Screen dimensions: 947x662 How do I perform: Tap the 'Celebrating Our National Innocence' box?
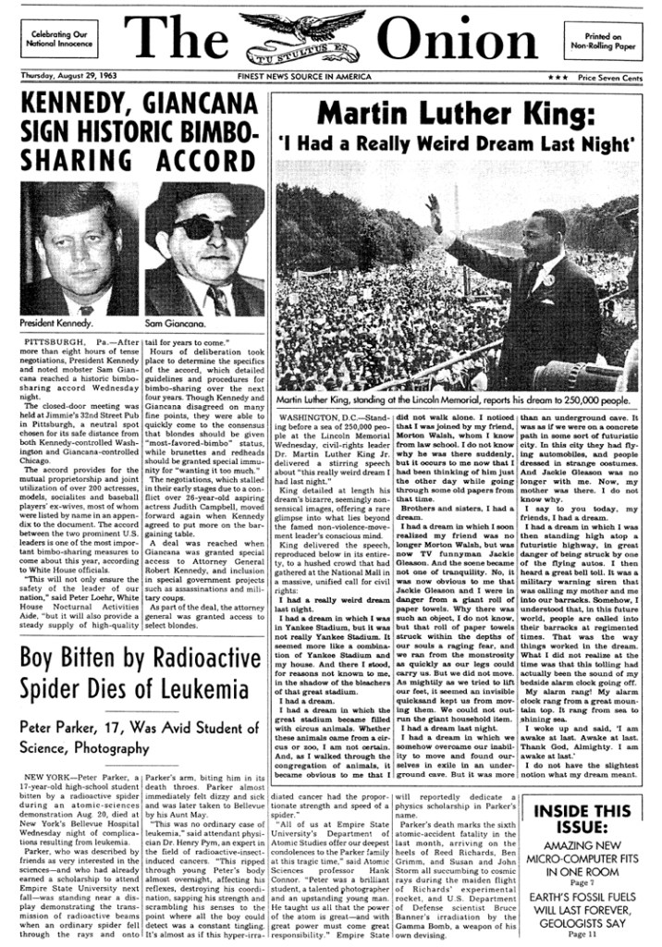pos(59,38)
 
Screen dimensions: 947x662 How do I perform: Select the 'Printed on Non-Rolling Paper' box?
pos(604,38)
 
